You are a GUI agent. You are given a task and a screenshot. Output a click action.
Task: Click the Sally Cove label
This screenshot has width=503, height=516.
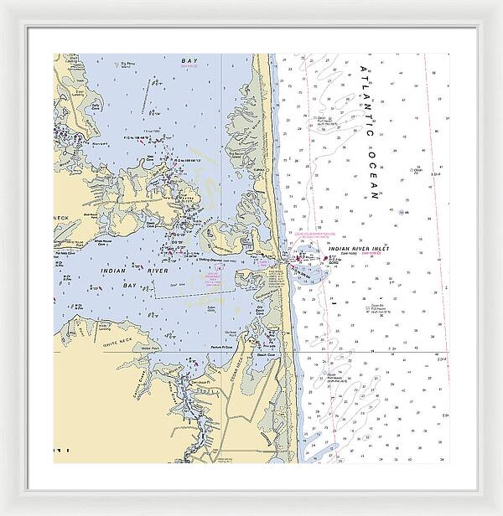211,308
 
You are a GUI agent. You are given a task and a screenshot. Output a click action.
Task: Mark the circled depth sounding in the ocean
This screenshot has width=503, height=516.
402,212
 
